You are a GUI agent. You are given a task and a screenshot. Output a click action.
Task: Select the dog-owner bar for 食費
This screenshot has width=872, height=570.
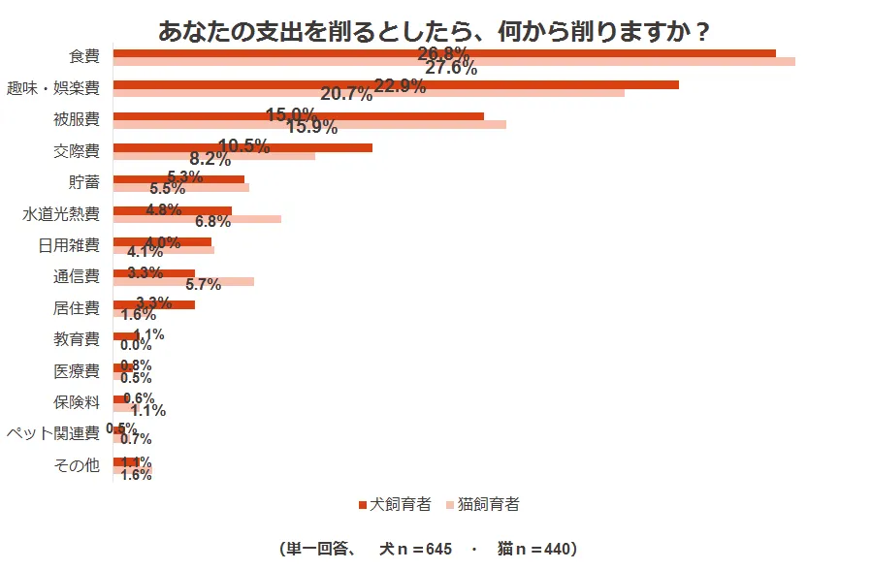[444, 52]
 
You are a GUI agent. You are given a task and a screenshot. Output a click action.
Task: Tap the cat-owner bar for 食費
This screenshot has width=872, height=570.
[454, 62]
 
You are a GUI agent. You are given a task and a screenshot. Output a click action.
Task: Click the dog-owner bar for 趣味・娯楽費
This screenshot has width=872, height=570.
[396, 84]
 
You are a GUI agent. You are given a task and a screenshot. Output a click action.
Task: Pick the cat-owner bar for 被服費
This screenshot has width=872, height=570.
[309, 125]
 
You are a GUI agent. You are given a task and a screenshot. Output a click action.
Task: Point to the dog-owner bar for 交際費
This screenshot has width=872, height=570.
[242, 148]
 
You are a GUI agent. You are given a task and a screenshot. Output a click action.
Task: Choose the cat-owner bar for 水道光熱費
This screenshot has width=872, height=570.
[197, 219]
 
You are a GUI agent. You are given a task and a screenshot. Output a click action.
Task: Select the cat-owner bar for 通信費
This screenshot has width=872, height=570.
[183, 282]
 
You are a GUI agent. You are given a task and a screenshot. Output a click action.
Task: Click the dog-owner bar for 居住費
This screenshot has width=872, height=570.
[154, 304]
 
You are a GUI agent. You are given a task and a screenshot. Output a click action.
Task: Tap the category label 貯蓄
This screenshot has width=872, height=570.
[83, 182]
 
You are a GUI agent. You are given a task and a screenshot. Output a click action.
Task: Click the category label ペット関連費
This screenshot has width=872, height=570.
[52, 433]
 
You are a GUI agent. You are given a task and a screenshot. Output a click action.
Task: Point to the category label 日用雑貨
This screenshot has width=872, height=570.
[69, 245]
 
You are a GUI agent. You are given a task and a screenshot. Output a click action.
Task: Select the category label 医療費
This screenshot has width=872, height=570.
[77, 371]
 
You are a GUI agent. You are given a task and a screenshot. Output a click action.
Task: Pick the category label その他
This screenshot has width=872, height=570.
[77, 466]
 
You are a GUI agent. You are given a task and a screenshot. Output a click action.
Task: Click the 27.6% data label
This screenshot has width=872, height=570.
[451, 68]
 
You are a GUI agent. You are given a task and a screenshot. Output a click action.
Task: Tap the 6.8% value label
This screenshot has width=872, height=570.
[213, 221]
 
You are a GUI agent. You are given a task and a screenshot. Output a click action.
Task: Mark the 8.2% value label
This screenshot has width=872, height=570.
[210, 159]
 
